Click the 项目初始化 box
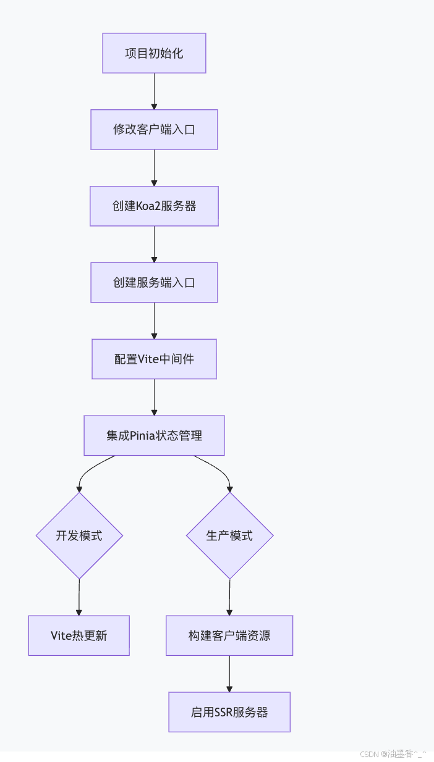coord(154,53)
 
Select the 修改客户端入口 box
coord(154,130)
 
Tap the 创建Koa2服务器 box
coord(154,206)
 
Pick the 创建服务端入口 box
coord(154,283)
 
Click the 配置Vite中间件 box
coord(154,359)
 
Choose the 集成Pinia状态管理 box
coord(154,435)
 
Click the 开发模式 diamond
coord(79,535)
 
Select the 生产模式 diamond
coord(229,535)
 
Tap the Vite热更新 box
coord(79,635)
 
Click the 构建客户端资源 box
coord(229,635)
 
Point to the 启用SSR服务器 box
coord(229,712)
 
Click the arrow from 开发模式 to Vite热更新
coord(79,597)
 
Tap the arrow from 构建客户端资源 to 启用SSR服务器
coord(229,674)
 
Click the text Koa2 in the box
coord(147,206)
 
